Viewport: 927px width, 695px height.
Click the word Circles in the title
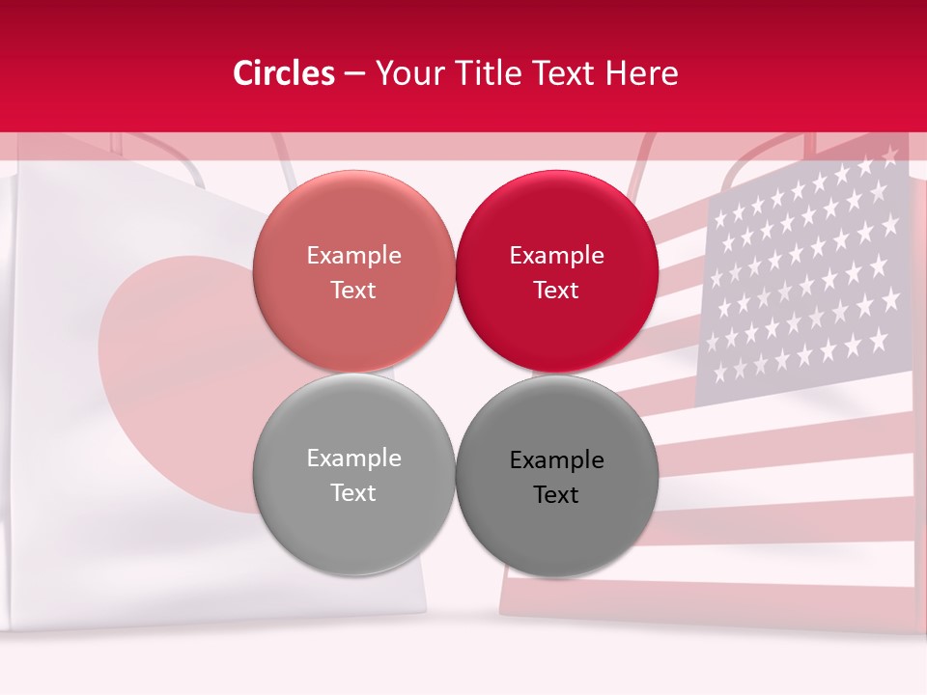coord(283,73)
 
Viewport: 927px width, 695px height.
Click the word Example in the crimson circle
coord(556,256)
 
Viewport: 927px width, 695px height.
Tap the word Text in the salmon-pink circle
coord(353,291)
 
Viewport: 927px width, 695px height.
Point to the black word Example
coord(556,460)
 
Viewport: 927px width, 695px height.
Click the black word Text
coord(556,495)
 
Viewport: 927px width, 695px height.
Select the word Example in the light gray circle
coord(353,459)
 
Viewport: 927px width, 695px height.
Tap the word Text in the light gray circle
coord(353,493)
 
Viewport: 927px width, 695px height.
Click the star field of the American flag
coord(803,280)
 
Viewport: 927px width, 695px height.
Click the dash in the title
coord(354,73)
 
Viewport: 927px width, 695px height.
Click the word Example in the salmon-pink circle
coord(353,256)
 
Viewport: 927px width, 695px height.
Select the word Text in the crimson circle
coord(556,291)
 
